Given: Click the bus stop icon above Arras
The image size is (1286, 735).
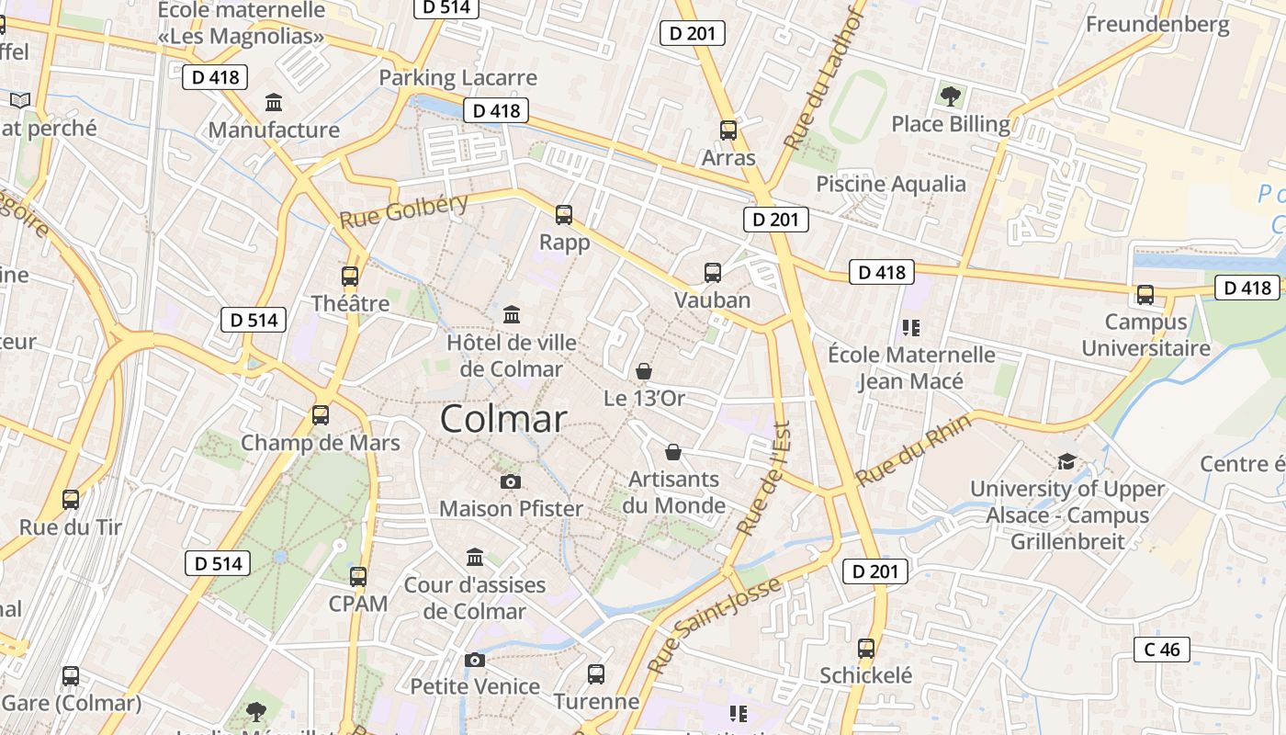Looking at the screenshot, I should coord(728,130).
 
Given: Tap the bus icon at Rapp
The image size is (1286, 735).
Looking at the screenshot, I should coord(564,215).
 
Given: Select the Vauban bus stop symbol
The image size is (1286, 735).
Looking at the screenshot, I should coord(713,273).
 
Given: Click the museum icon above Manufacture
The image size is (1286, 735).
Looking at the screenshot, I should coord(274,102).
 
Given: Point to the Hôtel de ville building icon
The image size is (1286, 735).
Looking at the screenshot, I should coord(512,315).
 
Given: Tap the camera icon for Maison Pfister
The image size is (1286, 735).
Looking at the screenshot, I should coord(511,481).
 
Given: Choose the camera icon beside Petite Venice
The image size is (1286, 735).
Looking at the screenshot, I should coord(475,660).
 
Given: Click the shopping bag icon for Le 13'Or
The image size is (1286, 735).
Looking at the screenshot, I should coord(644,371).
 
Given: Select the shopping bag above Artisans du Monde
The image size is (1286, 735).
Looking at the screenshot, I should coord(673,452).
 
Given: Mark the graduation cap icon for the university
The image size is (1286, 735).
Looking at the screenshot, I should coord(1066,461).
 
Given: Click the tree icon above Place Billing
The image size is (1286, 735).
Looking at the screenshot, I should coord(951,95).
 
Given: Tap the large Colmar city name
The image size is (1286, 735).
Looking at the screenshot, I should coord(503,419).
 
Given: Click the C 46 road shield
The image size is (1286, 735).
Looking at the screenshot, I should coord(1162,650).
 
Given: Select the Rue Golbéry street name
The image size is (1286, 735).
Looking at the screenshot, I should coord(404,211).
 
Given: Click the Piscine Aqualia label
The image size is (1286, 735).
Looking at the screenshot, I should coord(891,184).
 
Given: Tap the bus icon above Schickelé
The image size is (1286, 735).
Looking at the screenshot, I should coord(866,649).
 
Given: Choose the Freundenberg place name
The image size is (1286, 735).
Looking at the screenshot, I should coord(1157,24).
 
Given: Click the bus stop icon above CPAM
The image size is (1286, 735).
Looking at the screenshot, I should coord(358,577).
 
